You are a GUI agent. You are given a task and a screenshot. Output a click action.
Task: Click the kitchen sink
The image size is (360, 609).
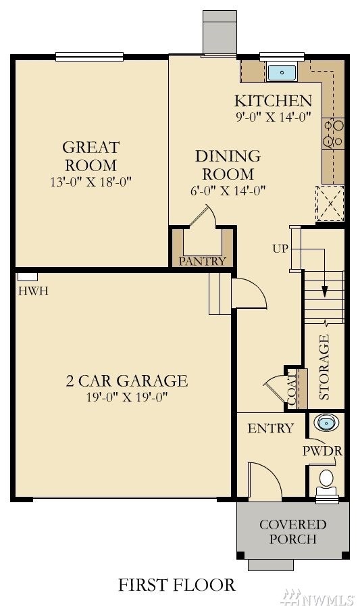(x=282, y=72)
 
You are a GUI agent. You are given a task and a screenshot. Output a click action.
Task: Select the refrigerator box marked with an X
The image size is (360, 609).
(x=330, y=203)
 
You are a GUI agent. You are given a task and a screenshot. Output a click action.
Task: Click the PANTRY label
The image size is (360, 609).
(x=202, y=261)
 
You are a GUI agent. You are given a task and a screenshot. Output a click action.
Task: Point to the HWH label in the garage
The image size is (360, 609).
(x=33, y=291)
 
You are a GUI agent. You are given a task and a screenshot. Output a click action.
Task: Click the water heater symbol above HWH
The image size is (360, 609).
(x=28, y=276)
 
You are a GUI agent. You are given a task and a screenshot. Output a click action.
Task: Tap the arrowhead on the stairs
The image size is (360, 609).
(x=325, y=292)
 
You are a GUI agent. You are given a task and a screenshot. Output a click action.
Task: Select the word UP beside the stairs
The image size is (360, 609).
(x=280, y=249)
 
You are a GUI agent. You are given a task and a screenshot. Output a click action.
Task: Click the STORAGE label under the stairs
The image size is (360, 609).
(x=324, y=367)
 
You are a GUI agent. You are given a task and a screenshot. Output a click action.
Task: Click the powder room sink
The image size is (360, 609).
(x=326, y=423)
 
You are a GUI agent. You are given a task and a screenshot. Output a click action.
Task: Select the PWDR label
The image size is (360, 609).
(x=322, y=451)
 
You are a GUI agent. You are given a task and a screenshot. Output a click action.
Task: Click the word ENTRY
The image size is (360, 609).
(x=271, y=428)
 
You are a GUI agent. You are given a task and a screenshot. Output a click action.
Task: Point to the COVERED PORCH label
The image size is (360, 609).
(x=293, y=532)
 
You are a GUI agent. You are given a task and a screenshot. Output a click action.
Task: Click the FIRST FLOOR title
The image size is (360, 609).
(x=176, y=585)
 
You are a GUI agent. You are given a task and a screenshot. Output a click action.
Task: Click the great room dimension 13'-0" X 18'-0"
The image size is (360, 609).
(x=91, y=181)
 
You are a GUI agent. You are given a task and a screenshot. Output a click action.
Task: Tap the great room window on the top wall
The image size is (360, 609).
(x=90, y=57)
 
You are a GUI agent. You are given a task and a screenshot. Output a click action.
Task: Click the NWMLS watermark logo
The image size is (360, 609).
(x=317, y=598)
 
